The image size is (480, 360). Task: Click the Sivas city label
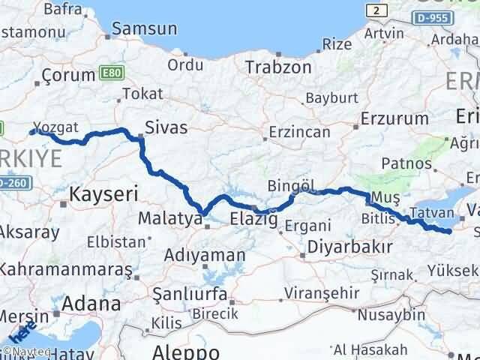pos(166,127)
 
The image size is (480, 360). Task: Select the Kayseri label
pos(104,194)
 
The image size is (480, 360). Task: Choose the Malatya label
pos(170,220)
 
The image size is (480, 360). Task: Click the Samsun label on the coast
pos(145,29)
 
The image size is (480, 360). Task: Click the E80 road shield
pos(109,74)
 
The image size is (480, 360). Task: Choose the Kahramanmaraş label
pos(67,268)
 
